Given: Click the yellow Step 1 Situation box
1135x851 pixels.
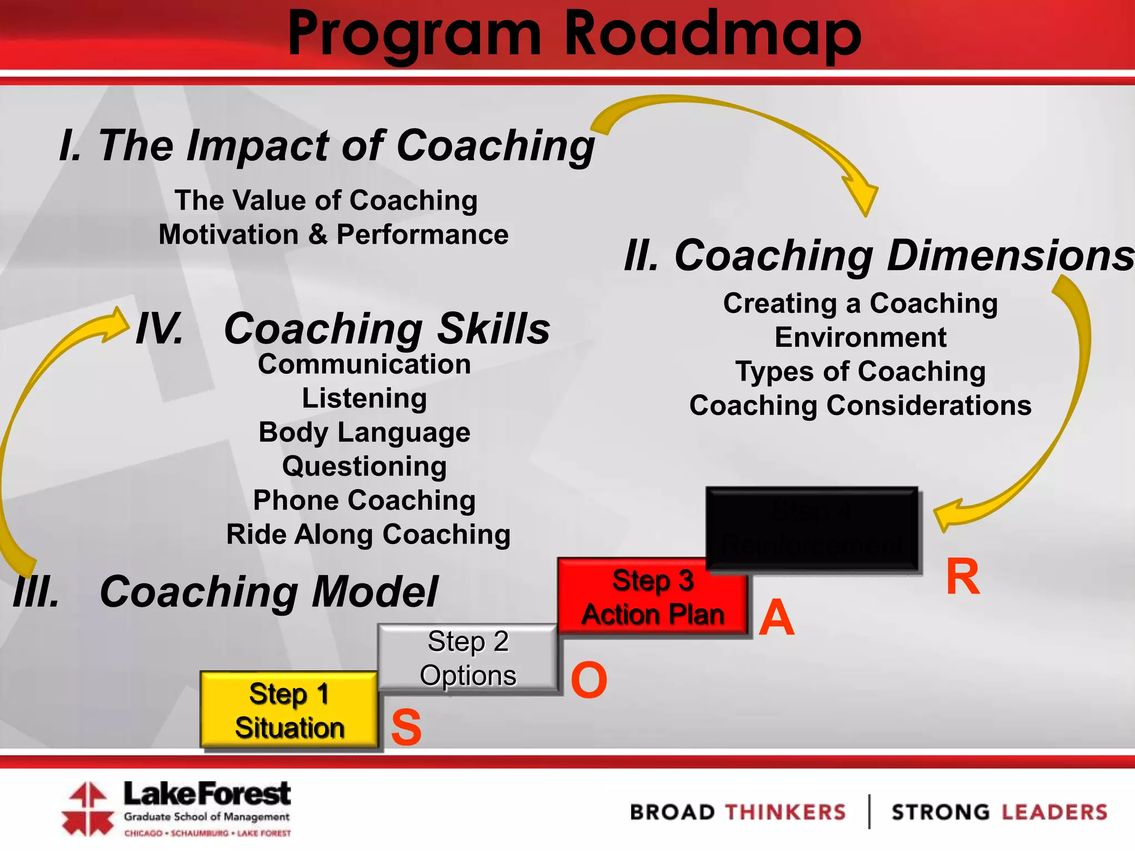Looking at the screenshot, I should click(289, 710).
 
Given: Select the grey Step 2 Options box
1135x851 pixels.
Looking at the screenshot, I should click(467, 658).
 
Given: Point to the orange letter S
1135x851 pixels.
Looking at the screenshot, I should click(406, 727).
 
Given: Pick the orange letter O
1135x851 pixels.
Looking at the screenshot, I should click(589, 680).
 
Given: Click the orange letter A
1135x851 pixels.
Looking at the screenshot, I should click(776, 617).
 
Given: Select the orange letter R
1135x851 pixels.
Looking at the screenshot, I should click(963, 577).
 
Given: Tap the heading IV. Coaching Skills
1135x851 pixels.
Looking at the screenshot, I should click(343, 329).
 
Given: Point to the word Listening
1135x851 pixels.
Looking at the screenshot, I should click(364, 398).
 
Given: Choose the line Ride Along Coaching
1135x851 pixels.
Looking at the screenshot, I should click(368, 535).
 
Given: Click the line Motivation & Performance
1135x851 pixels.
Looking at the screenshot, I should click(333, 234).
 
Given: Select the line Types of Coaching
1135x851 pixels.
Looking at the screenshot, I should click(860, 371).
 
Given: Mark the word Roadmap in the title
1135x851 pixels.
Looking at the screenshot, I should click(712, 34).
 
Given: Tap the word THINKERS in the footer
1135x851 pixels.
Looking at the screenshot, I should click(785, 812).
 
